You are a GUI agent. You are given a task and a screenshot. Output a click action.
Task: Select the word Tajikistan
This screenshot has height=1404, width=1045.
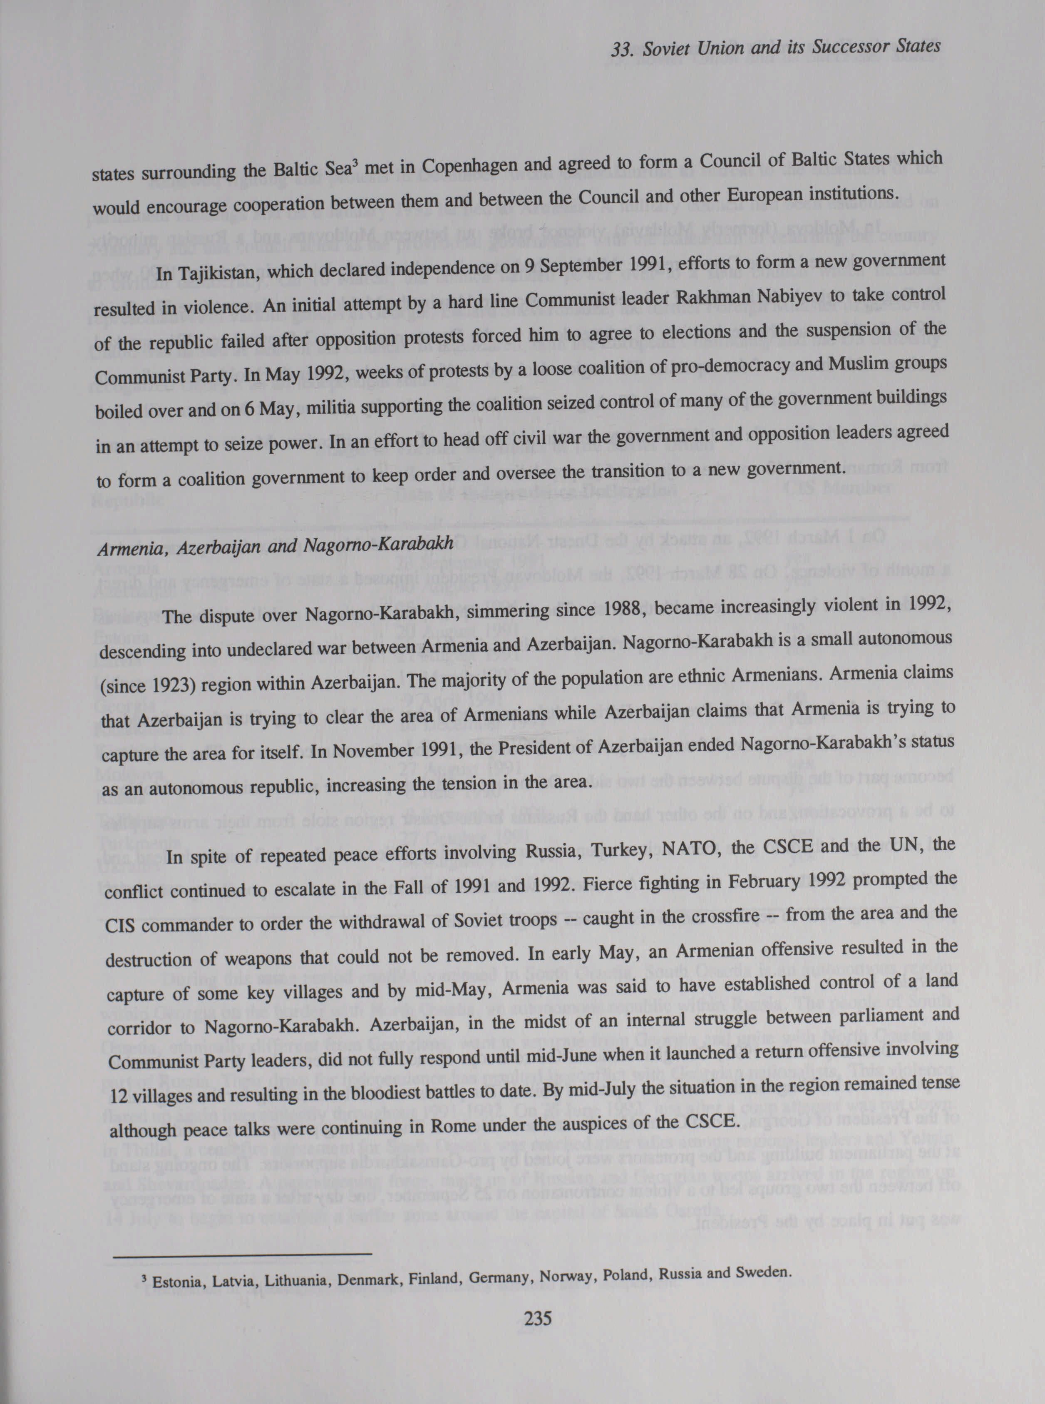218,274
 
